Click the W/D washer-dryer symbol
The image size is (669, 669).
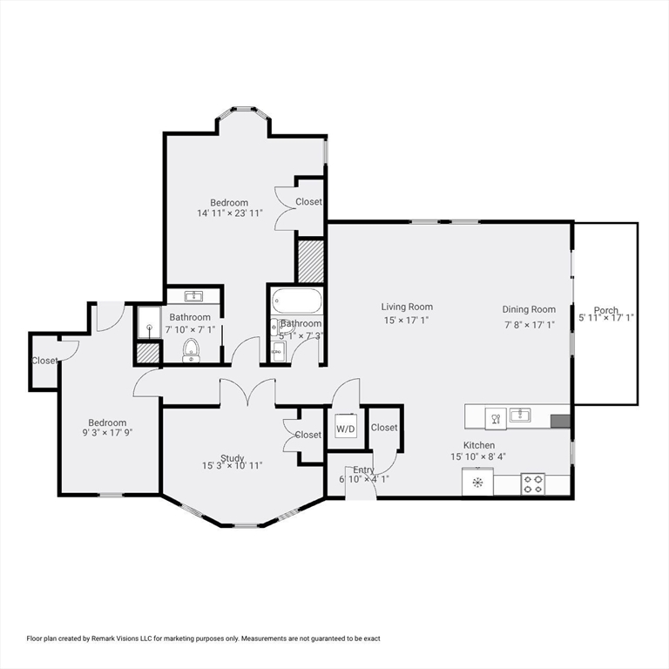[346, 428]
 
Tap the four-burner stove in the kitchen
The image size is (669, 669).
[532, 483]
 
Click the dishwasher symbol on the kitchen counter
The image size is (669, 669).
[494, 417]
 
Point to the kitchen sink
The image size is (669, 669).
[520, 416]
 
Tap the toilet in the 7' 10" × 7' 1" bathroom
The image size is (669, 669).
[191, 350]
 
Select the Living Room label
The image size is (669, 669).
[407, 307]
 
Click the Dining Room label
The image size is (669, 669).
[529, 309]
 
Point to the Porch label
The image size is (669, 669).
[606, 311]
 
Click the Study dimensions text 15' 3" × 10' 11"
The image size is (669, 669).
[232, 465]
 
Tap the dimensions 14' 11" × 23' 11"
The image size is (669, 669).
[229, 213]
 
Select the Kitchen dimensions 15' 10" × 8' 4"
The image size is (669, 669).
[478, 456]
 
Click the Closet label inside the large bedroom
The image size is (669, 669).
[308, 201]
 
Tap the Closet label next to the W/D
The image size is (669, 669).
[384, 428]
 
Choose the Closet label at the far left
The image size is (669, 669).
[44, 361]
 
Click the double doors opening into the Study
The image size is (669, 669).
[247, 393]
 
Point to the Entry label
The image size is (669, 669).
[363, 470]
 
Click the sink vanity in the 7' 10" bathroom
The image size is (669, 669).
[193, 296]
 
